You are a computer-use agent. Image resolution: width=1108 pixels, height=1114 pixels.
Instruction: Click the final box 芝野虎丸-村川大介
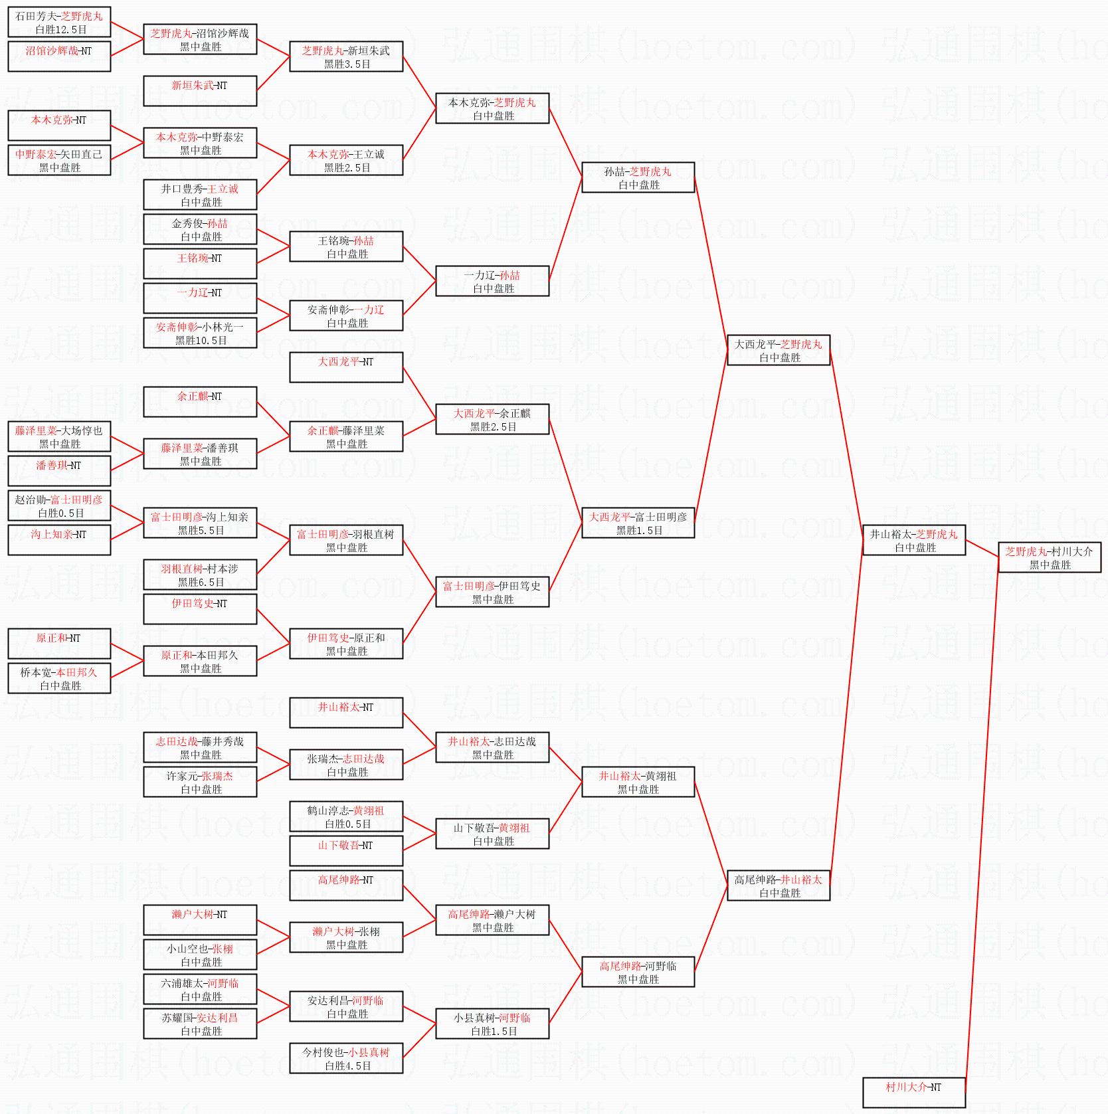(x=1050, y=557)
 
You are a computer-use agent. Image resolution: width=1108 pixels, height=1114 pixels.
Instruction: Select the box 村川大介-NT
(x=913, y=1093)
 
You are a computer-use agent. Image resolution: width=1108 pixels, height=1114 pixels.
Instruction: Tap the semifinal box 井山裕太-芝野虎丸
(x=914, y=540)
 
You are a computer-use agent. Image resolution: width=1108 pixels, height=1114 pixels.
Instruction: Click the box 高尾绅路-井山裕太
(x=779, y=885)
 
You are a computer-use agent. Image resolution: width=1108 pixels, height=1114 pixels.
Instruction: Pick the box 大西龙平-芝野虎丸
(x=779, y=350)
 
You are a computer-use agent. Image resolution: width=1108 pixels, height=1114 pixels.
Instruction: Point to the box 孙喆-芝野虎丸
(x=638, y=177)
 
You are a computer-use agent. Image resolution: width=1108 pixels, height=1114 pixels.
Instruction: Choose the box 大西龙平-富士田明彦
(x=638, y=523)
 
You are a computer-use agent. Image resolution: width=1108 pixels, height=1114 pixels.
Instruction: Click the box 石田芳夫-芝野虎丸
(x=59, y=22)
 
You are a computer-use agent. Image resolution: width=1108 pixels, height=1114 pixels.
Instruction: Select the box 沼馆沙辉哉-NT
(x=59, y=56)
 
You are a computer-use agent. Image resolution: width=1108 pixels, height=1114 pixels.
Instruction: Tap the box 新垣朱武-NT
(x=200, y=91)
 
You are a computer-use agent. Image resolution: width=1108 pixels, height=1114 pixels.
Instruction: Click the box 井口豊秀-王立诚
(x=200, y=195)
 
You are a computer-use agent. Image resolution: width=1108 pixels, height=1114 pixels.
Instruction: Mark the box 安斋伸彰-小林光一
(x=200, y=333)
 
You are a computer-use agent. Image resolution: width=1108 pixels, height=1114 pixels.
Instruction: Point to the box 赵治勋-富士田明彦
(x=59, y=506)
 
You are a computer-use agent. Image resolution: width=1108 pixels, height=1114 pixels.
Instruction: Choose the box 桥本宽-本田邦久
(x=59, y=678)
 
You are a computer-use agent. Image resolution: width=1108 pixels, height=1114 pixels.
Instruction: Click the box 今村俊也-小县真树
(x=346, y=1058)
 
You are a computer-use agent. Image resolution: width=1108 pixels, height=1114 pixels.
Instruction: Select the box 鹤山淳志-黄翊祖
(x=346, y=816)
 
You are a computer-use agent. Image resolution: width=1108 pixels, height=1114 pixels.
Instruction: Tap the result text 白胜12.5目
(x=61, y=29)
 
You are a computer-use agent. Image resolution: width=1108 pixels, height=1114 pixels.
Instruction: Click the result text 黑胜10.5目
(x=201, y=340)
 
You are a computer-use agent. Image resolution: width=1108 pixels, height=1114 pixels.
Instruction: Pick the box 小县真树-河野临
(x=492, y=1024)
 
